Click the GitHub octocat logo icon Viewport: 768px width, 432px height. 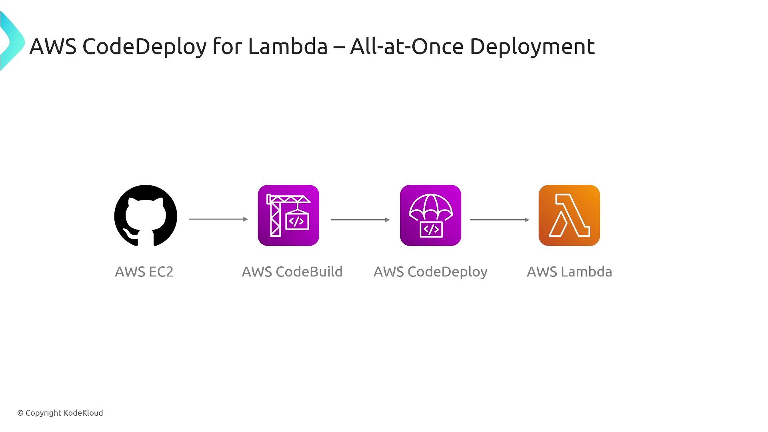(x=146, y=216)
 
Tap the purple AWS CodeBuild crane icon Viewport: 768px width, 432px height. (x=288, y=216)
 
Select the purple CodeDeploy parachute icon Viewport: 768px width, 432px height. (x=430, y=216)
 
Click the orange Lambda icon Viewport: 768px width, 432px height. (x=569, y=216)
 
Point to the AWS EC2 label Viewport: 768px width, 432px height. (x=144, y=272)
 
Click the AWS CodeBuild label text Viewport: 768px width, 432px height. (x=292, y=272)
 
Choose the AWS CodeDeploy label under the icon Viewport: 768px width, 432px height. (x=430, y=272)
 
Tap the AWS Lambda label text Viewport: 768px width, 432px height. (x=569, y=272)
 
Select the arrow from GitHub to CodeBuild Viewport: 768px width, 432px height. (x=218, y=219)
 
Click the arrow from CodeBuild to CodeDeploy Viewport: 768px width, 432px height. (x=360, y=220)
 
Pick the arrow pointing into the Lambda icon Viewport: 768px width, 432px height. (x=500, y=220)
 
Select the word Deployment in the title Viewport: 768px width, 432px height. (x=532, y=47)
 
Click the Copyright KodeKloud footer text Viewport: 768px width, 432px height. (x=60, y=413)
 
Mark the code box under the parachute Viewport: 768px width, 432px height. (x=431, y=229)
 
